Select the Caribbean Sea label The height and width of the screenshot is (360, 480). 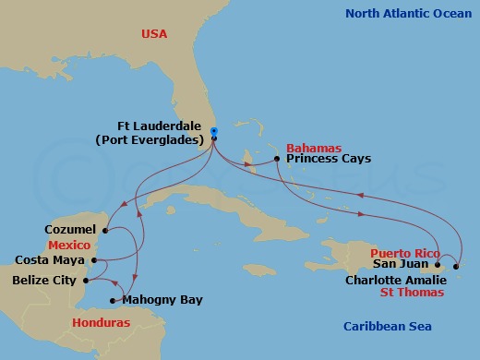pos(387,326)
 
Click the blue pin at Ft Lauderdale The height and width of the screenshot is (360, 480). pos(213,132)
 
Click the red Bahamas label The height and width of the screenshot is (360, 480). pos(314,147)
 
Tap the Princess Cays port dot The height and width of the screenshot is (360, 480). pos(278,160)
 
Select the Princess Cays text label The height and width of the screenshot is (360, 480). pos(329,159)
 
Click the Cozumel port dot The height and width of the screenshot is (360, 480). pos(106,229)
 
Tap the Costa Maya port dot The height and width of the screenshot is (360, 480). pos(95,261)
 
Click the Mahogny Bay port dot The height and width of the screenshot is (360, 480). pos(113,301)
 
